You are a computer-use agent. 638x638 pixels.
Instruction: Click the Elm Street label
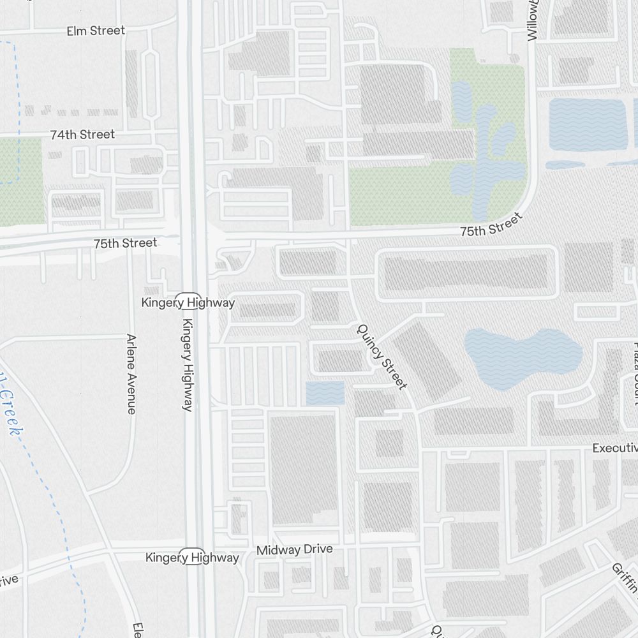pyautogui.click(x=96, y=31)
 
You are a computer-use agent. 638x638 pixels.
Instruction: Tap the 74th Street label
pyautogui.click(x=82, y=135)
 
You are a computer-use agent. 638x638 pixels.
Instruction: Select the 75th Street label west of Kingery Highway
pyautogui.click(x=125, y=243)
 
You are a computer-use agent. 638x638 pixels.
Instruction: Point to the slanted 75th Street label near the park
pyautogui.click(x=491, y=225)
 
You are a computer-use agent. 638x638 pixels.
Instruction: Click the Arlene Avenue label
pyautogui.click(x=131, y=374)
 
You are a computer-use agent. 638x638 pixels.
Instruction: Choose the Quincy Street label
pyautogui.click(x=382, y=357)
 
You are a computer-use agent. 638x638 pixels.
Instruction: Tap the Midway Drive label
pyautogui.click(x=294, y=550)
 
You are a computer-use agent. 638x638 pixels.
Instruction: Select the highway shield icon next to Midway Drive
pyautogui.click(x=191, y=556)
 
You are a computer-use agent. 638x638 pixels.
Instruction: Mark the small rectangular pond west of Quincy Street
pyautogui.click(x=325, y=393)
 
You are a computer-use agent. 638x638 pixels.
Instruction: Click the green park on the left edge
pyautogui.click(x=21, y=182)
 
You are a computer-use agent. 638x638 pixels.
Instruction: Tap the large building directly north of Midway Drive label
pyautogui.click(x=303, y=470)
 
